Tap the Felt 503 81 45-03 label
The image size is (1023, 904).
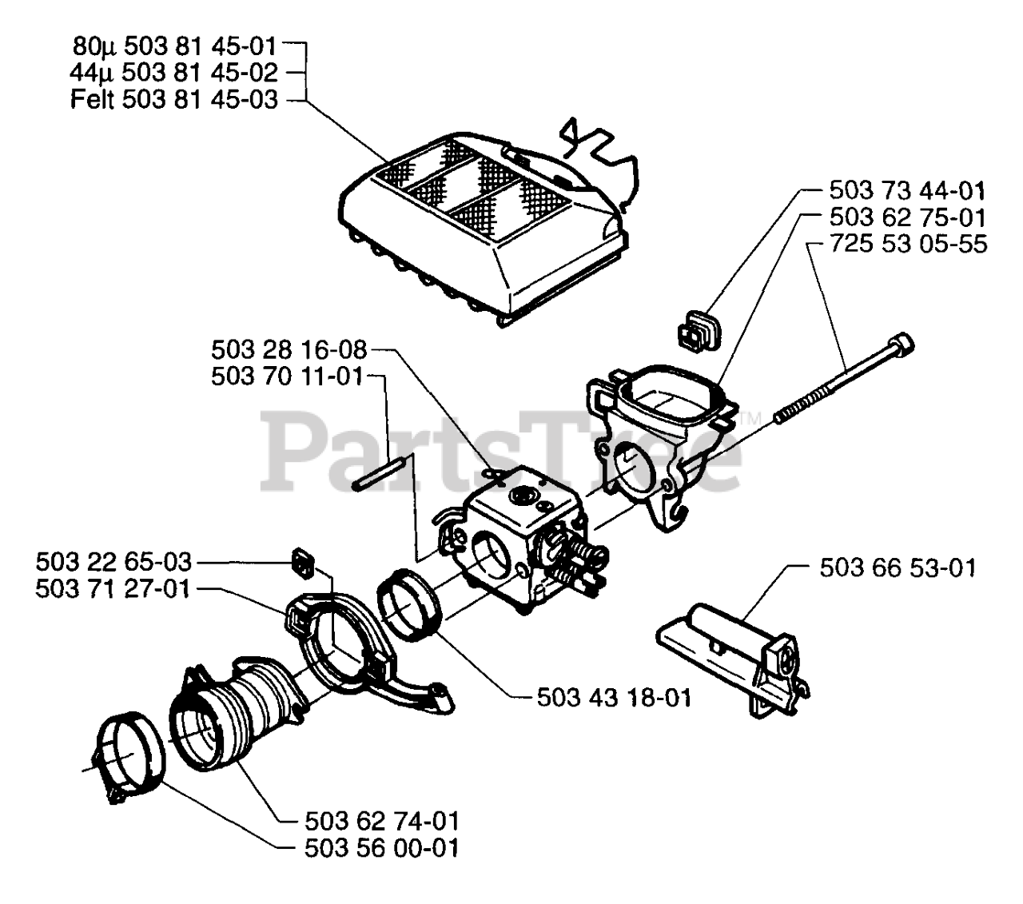coord(174,100)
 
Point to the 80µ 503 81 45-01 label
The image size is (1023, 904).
coord(174,46)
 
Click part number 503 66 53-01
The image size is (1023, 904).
coord(898,568)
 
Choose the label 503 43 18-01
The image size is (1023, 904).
coord(614,697)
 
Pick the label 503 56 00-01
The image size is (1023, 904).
coord(382,848)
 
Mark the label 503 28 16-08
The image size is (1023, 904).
coord(289,349)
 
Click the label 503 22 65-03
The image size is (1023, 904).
coord(113,562)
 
